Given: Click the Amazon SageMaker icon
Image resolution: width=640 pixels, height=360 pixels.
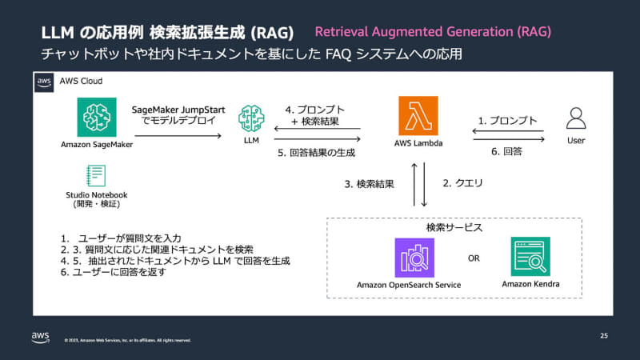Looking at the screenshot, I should click(97, 117).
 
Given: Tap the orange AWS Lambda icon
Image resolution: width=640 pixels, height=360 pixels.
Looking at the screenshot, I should click(418, 117).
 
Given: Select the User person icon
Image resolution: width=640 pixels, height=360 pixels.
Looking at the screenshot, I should click(575, 118).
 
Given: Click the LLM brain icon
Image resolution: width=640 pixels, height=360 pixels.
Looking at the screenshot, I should click(251, 120).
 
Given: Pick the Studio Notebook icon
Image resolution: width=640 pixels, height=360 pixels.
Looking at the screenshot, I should click(96, 175).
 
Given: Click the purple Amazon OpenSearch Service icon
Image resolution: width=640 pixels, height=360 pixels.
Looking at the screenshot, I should click(414, 258).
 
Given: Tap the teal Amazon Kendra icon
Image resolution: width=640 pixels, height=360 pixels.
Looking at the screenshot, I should click(530, 256).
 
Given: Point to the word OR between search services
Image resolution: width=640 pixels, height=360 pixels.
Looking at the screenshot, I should click(474, 258).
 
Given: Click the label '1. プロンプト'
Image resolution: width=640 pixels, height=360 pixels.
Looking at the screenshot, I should click(507, 121).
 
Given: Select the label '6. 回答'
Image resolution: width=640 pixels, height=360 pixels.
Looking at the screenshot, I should click(508, 150).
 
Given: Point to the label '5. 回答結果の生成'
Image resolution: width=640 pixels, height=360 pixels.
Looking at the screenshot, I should click(316, 152).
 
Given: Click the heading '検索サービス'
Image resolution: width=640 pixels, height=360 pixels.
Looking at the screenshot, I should click(454, 228).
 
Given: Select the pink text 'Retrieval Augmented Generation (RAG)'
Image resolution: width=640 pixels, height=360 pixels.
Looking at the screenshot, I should click(433, 32).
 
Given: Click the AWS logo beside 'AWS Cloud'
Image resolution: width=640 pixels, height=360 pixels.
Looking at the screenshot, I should click(44, 82).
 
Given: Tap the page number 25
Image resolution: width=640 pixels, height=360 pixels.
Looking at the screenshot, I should click(603, 336).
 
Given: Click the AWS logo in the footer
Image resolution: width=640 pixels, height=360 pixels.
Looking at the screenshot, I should click(42, 337).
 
